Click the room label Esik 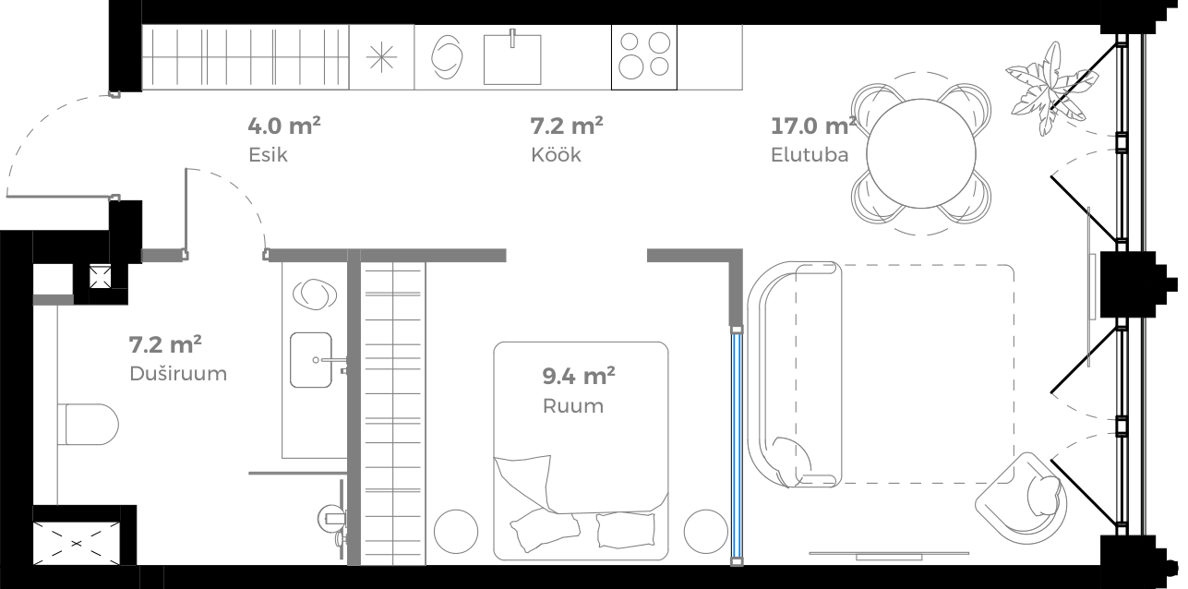tap(268, 154)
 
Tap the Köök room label tap(556, 154)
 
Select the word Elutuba tap(809, 154)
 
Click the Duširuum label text tap(177, 374)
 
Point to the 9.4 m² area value tap(579, 376)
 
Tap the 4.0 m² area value tap(284, 125)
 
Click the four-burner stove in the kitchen tap(644, 55)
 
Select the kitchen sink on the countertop tap(513, 57)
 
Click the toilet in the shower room tap(88, 426)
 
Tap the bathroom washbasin tap(311, 360)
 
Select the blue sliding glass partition tap(737, 443)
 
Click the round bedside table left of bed tap(457, 531)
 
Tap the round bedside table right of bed tap(706, 531)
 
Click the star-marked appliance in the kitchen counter tap(381, 56)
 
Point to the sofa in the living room tap(794, 374)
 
